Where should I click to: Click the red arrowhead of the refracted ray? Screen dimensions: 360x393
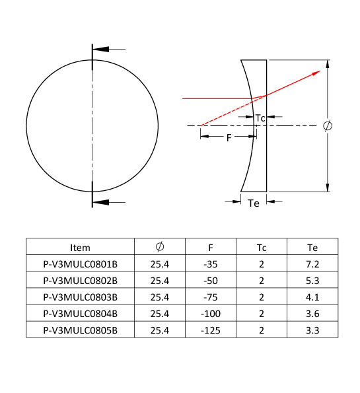point(316,73)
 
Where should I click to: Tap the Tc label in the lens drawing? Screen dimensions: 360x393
point(260,118)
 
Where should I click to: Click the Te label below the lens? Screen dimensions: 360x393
point(254,203)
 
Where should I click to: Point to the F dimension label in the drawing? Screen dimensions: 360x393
point(229,138)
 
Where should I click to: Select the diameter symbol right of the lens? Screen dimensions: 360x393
point(328,125)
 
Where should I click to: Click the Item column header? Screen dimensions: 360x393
point(80,248)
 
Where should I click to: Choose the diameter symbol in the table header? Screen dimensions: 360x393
point(160,247)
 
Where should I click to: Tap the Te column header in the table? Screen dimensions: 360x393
point(312,248)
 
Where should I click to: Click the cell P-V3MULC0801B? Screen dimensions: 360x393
point(80,264)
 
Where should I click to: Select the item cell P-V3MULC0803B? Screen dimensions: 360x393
point(80,297)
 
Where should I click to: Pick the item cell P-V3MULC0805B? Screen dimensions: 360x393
point(80,330)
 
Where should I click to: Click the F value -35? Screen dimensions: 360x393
point(211,264)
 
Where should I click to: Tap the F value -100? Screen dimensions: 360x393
point(211,314)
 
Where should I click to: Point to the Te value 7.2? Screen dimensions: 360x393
point(312,264)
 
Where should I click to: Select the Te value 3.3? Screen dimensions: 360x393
point(312,330)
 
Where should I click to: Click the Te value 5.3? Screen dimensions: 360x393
point(312,281)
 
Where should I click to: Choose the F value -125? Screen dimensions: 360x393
point(211,330)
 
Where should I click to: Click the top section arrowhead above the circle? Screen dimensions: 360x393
point(101,49)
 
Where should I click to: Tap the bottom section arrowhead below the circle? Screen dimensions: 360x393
point(101,202)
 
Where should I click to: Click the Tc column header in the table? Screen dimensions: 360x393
point(262,248)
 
